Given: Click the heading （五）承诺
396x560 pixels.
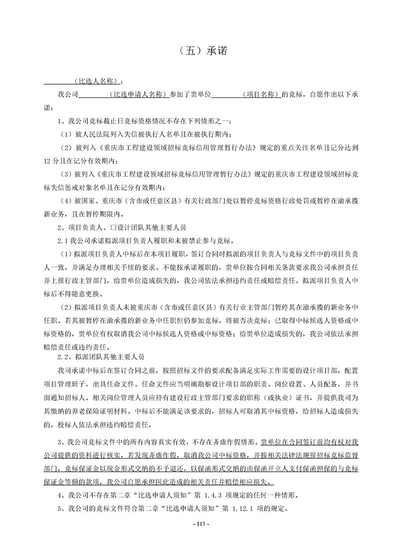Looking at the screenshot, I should [x=197, y=51].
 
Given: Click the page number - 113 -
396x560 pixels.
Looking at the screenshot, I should [x=199, y=524].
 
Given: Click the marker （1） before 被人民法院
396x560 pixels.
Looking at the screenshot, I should [x=66, y=134].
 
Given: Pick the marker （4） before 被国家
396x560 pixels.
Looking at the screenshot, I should [x=66, y=201].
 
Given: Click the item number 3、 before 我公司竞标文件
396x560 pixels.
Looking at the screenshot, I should [x=62, y=442].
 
